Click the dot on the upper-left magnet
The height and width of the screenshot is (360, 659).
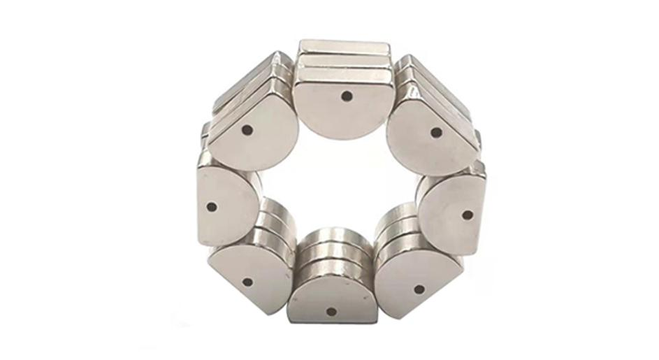(x=246, y=130)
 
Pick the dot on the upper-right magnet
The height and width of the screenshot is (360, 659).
(x=436, y=132)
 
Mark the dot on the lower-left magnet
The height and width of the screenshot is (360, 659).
(x=247, y=283)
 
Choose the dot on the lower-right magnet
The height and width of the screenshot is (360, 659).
(x=419, y=288)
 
